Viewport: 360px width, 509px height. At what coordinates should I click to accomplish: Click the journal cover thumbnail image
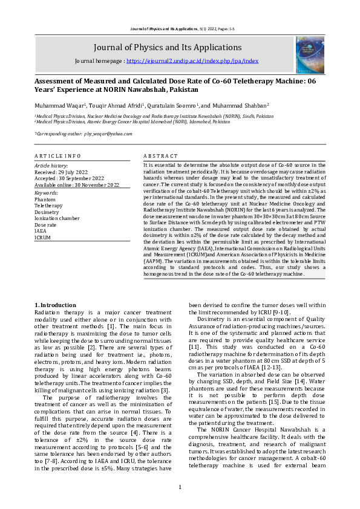coord(310,55)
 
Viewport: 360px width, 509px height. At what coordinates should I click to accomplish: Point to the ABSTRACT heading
coord(160,156)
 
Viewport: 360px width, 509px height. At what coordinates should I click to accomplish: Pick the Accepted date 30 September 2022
coord(69,178)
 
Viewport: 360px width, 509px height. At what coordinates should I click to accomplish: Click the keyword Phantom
coord(45,199)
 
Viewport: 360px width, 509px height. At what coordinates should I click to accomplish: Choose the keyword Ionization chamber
coord(57,218)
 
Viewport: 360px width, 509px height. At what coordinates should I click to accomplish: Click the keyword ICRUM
coord(43,237)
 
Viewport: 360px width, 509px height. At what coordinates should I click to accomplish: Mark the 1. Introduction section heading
coord(55,305)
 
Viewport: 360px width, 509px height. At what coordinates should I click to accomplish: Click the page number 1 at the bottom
coord(180,487)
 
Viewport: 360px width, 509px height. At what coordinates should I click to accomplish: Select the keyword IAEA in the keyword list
coord(41,231)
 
